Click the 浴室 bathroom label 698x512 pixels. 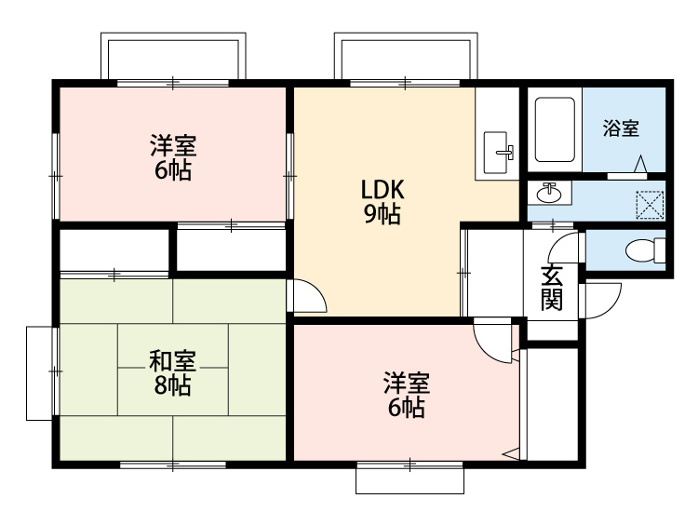pos(621,128)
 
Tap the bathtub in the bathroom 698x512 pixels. pos(555,129)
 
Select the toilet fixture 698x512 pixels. pos(645,250)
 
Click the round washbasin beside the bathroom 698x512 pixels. pos(549,193)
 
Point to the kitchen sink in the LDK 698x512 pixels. pos(498,153)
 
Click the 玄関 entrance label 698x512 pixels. pos(552,288)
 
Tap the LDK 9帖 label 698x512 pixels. pos(383,202)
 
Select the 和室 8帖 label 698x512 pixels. pos(173,373)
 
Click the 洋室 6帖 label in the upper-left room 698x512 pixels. pos(173,157)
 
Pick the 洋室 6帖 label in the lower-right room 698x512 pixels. pos(407,395)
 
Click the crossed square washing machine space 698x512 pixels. pos(651,205)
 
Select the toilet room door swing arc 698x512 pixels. pos(557,243)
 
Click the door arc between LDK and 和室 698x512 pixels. pos(317,289)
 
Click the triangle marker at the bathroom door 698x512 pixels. pos(640,164)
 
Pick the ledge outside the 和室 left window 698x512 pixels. pos(40,373)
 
